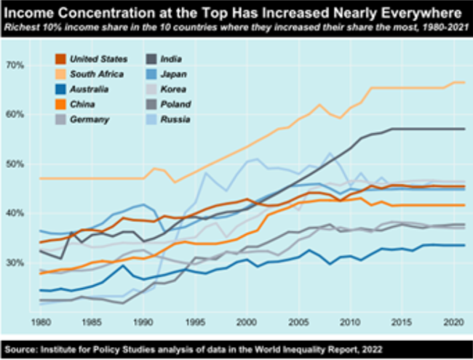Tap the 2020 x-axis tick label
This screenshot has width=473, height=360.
(451, 321)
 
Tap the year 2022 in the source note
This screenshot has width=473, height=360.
(352, 347)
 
